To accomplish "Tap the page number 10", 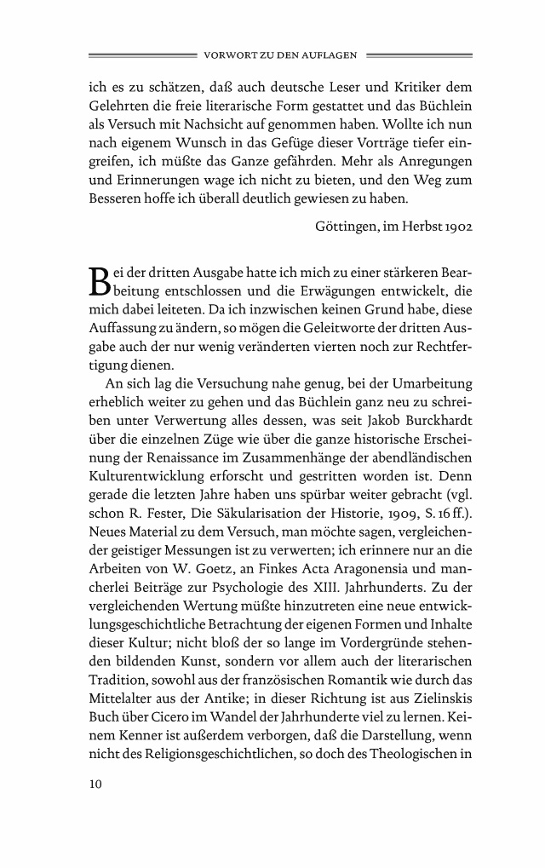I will [95, 785].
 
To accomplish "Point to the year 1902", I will [456, 228].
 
